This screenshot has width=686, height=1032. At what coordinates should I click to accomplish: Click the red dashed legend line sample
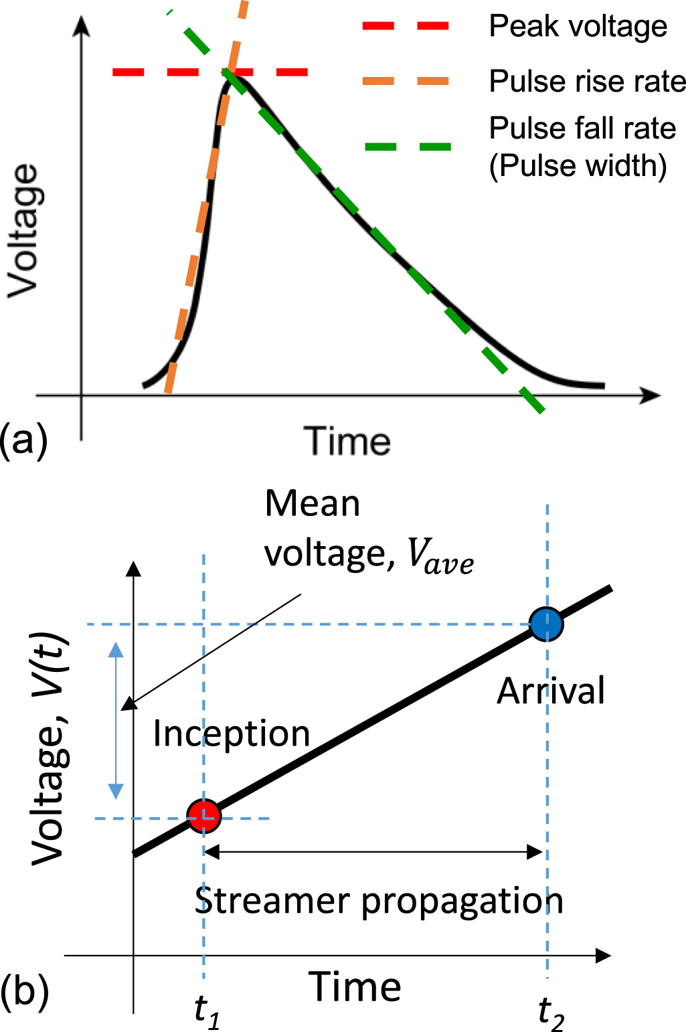pyautogui.click(x=406, y=26)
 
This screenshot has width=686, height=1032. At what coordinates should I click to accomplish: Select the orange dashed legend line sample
pyautogui.click(x=406, y=81)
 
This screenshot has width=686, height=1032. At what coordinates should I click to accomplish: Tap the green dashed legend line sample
pyautogui.click(x=408, y=147)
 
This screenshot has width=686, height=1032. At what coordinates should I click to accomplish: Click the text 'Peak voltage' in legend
pyautogui.click(x=578, y=27)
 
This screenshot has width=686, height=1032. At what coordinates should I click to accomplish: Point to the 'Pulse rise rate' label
pyautogui.click(x=587, y=82)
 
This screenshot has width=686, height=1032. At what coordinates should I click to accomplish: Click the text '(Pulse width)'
pyautogui.click(x=578, y=166)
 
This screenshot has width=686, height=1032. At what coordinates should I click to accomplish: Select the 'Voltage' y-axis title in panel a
pyautogui.click(x=23, y=231)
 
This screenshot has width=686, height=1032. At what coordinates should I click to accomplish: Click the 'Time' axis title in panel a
pyautogui.click(x=347, y=442)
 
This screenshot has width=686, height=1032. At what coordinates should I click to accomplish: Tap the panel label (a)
pyautogui.click(x=24, y=442)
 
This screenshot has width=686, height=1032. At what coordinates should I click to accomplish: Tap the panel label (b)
pyautogui.click(x=25, y=991)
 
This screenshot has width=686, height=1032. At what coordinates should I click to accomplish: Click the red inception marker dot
pyautogui.click(x=203, y=816)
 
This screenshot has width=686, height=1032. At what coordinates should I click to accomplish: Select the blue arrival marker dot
pyautogui.click(x=546, y=624)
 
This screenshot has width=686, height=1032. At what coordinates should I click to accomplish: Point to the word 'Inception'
pyautogui.click(x=232, y=734)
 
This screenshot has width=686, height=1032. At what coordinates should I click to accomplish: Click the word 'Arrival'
pyautogui.click(x=550, y=691)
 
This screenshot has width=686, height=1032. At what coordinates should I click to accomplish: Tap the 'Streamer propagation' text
pyautogui.click(x=379, y=901)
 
